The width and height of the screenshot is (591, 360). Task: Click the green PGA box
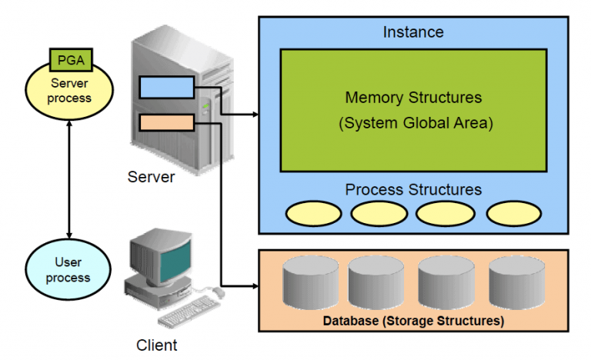click(71, 58)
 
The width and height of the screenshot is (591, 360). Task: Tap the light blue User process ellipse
click(68, 270)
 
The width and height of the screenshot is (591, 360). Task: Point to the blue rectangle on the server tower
click(166, 87)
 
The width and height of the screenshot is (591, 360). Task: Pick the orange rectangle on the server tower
click(166, 122)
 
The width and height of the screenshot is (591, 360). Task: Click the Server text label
click(151, 178)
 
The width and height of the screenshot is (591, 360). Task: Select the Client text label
click(157, 345)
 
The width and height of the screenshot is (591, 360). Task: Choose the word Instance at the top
click(413, 32)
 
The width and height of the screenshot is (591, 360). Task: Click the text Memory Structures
click(413, 98)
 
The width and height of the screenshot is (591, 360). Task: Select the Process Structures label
click(413, 189)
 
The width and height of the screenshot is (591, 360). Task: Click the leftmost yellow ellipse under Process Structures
click(314, 213)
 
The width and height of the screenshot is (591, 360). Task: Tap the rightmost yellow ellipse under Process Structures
click(514, 213)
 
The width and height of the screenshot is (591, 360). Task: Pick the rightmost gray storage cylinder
click(516, 282)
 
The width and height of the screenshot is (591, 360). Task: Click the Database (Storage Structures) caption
click(413, 319)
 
